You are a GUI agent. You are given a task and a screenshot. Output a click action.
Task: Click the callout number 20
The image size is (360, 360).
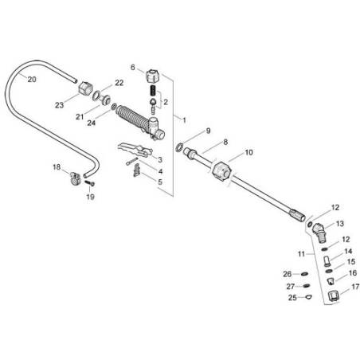[x=31, y=79]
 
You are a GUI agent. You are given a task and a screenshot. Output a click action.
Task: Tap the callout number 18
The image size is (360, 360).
[x=56, y=167]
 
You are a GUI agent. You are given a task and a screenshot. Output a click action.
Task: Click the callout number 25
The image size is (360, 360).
[x=292, y=299]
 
